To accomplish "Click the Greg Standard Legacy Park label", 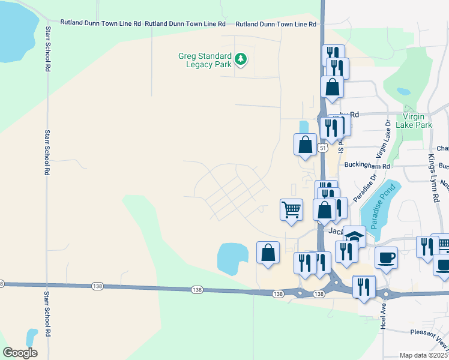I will [205, 60].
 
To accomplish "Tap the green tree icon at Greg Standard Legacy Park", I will [241, 59].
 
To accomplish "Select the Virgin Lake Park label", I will [417, 121].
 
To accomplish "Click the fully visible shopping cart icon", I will [291, 210].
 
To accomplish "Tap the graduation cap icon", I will [354, 236].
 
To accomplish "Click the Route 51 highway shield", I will [323, 148].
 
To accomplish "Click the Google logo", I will [20, 353].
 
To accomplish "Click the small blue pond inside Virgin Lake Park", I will [404, 92].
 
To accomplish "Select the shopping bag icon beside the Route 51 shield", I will [305, 145].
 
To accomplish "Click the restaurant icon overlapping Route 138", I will [364, 286].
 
